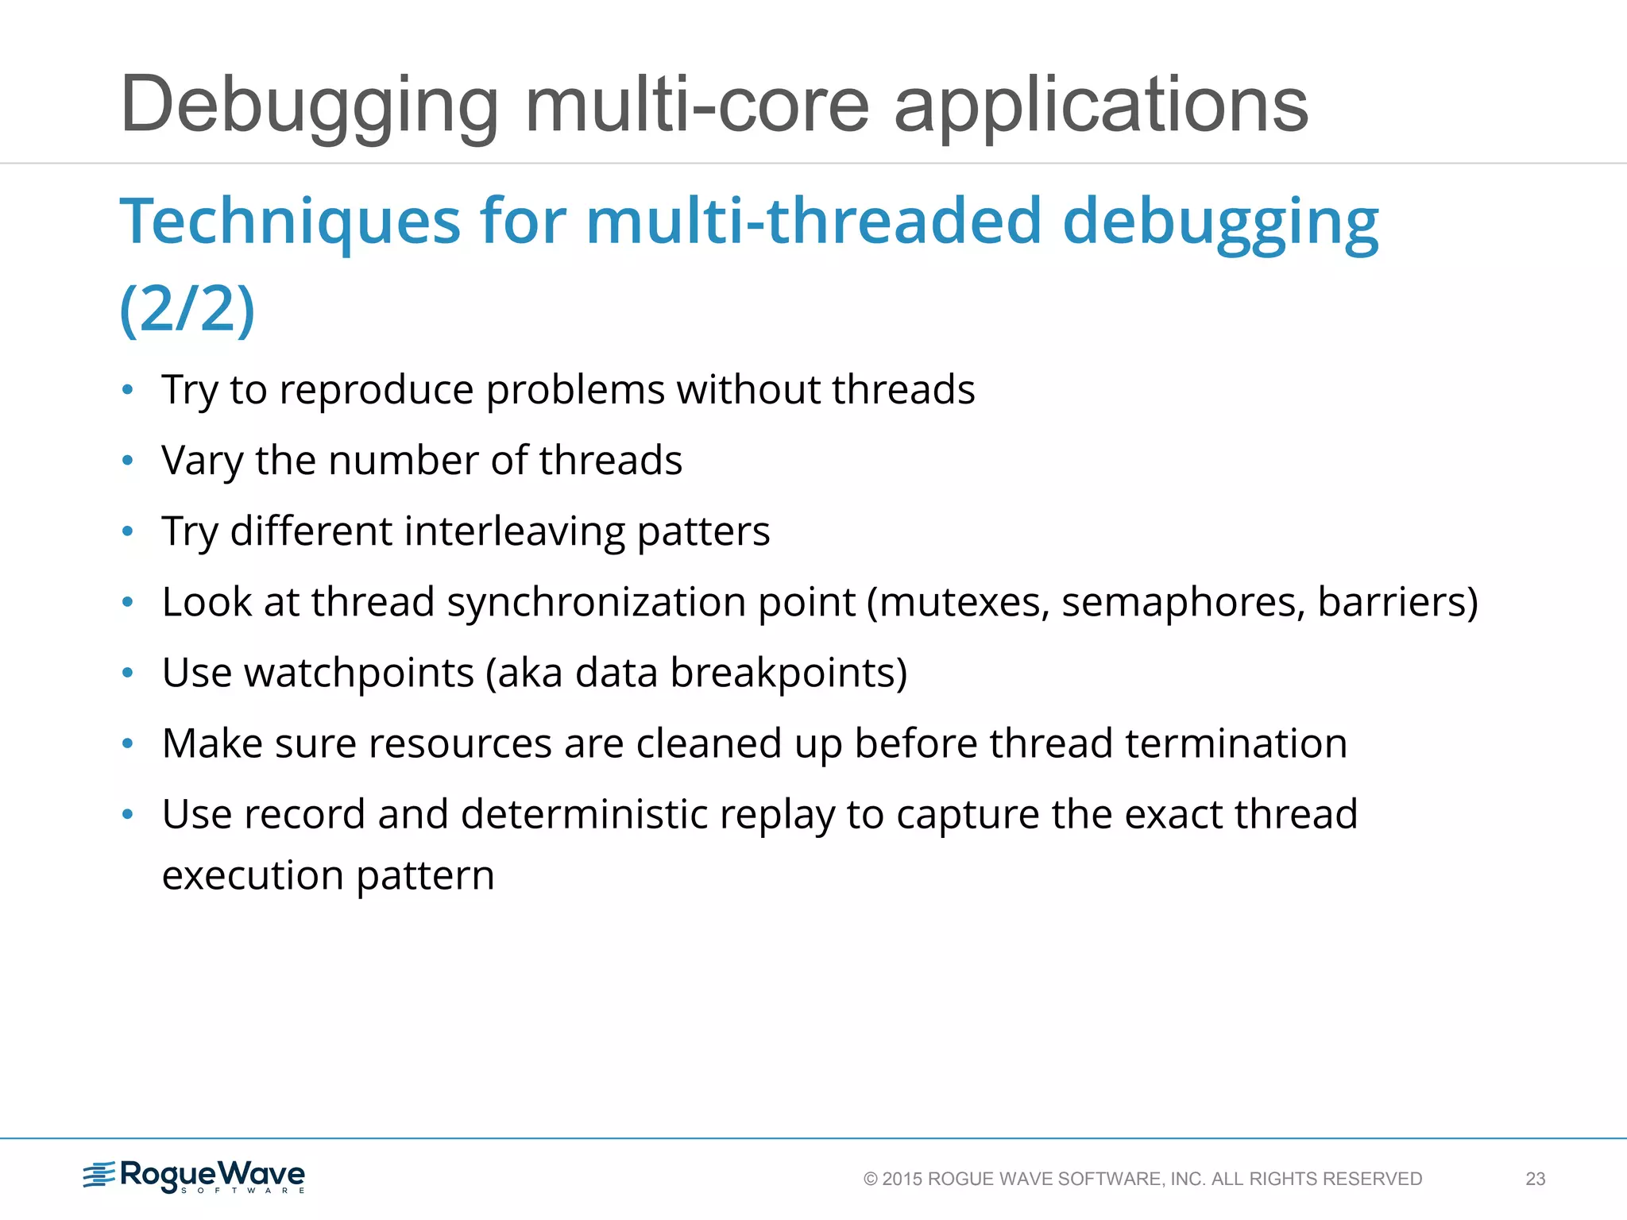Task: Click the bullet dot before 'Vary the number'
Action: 127,461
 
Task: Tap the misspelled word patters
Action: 703,532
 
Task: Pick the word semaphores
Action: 1184,602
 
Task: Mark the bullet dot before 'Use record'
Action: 127,815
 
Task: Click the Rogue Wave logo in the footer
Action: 195,1176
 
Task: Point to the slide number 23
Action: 1535,1179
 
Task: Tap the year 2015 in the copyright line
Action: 902,1179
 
